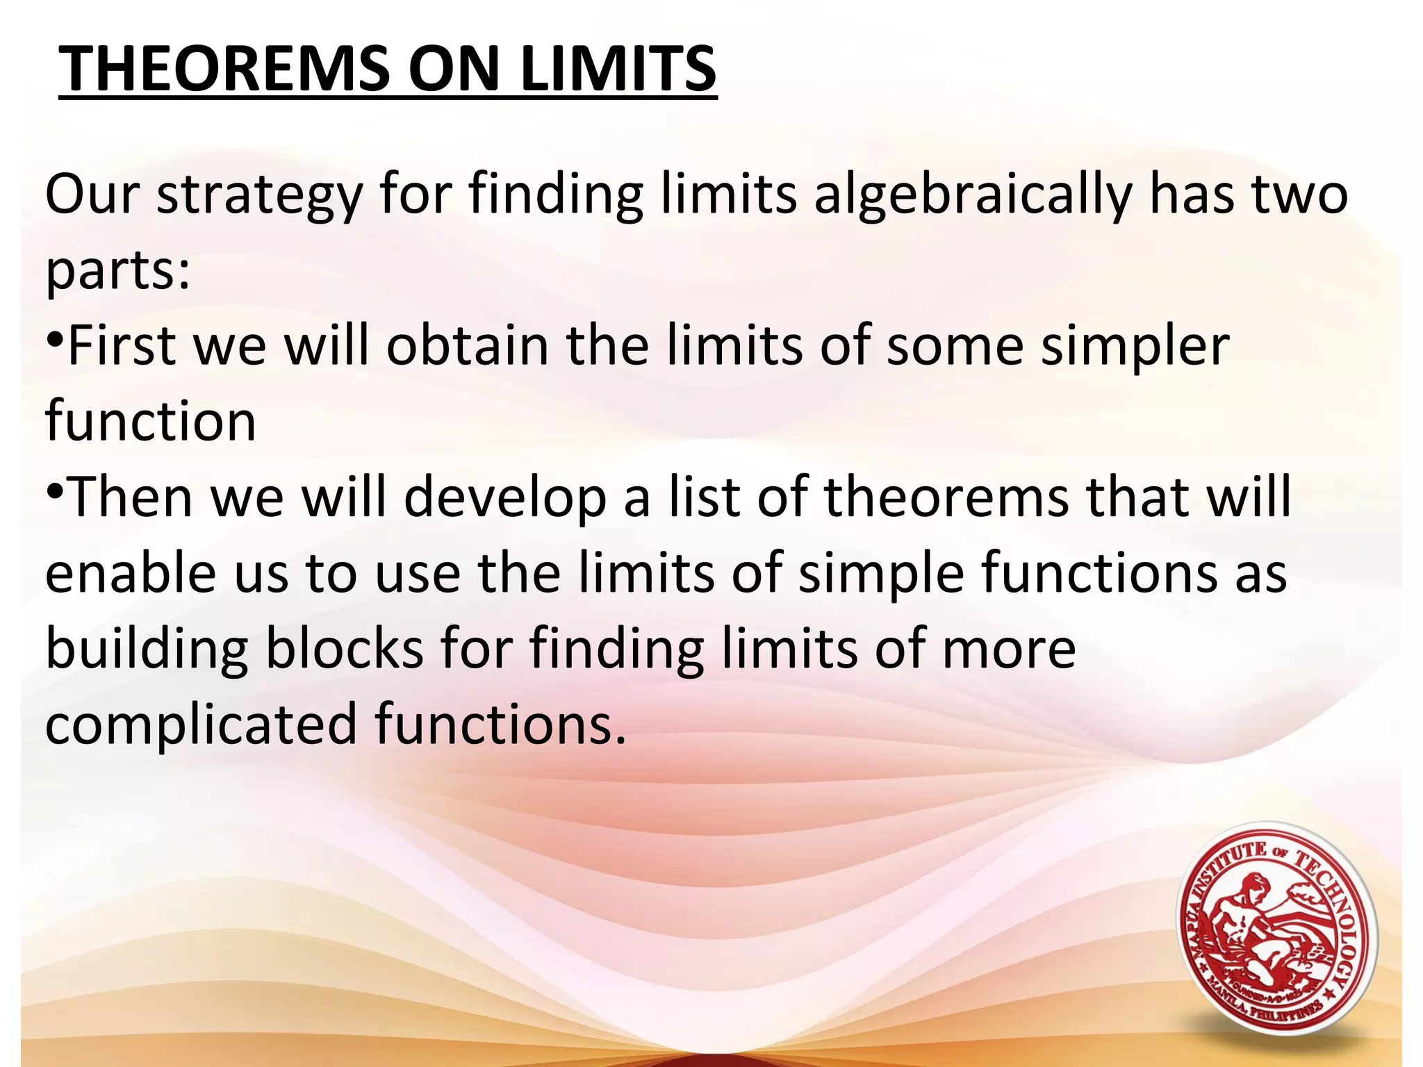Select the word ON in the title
pyautogui.click(x=454, y=69)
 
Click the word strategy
pyautogui.click(x=259, y=196)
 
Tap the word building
pyautogui.click(x=147, y=650)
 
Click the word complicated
pyautogui.click(x=201, y=725)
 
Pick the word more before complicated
pyautogui.click(x=1008, y=650)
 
